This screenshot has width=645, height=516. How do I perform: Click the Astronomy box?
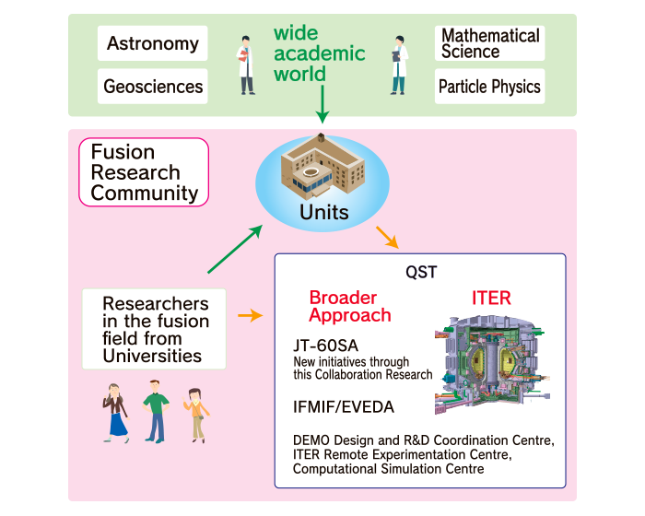(153, 43)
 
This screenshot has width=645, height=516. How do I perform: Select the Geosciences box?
(153, 87)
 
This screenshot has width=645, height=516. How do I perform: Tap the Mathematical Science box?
(489, 43)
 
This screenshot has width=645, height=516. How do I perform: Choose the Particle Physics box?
(489, 87)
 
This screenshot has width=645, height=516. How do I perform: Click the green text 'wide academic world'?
(319, 53)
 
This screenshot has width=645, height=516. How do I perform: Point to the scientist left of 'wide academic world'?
(246, 64)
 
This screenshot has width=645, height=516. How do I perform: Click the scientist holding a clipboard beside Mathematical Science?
(398, 64)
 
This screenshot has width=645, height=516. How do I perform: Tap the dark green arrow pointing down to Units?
(322, 111)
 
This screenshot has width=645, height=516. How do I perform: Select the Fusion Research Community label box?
(144, 171)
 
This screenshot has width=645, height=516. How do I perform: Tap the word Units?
(323, 213)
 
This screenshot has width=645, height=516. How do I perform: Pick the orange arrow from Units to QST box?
(388, 238)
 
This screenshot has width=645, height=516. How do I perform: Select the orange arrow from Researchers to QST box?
(249, 316)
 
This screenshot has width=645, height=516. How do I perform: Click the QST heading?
(421, 272)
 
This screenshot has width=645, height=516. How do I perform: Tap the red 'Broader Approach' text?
(349, 307)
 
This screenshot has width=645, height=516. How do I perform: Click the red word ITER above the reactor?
(490, 299)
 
